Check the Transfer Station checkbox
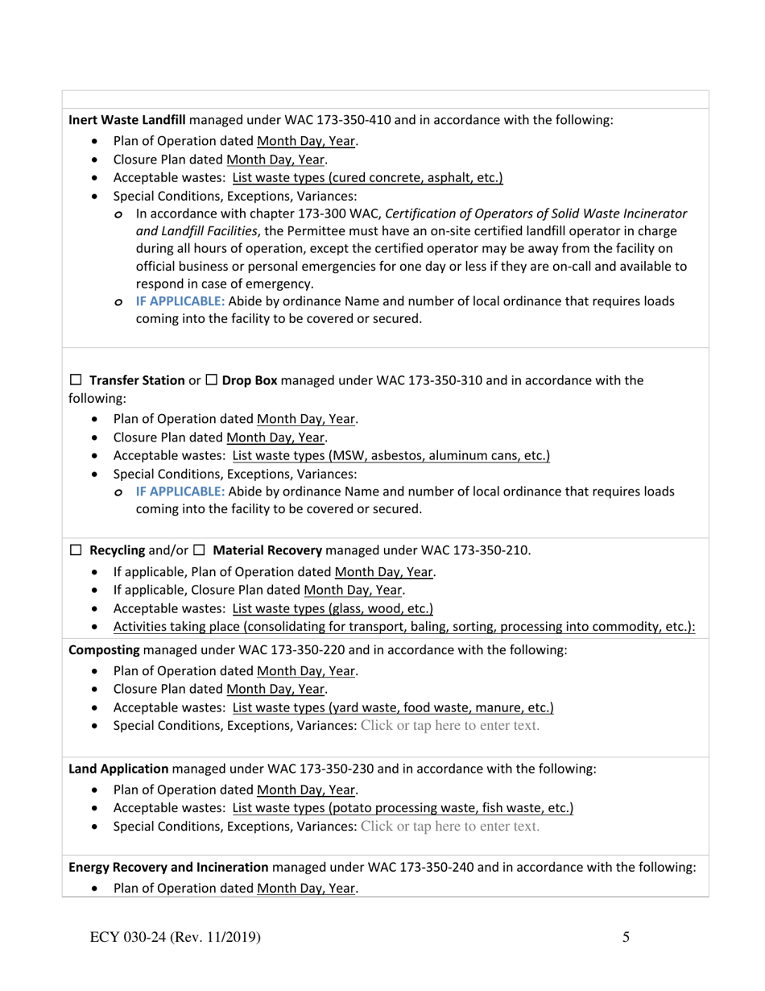(x=76, y=380)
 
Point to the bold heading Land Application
(x=118, y=769)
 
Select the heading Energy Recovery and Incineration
(x=168, y=868)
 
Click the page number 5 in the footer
(x=626, y=936)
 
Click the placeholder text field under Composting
(x=450, y=726)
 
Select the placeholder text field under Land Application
(x=450, y=826)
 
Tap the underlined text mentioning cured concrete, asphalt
(x=367, y=178)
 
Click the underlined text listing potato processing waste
(x=403, y=807)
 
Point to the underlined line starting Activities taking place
(x=404, y=627)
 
